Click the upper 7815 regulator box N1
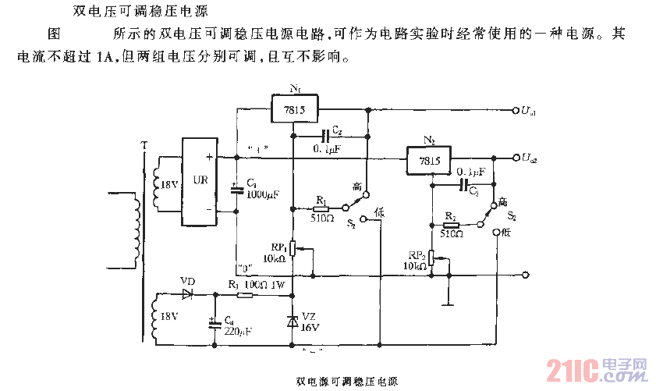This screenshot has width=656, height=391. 296,108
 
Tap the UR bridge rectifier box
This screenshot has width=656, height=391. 199,181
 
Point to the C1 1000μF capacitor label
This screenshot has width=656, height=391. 258,188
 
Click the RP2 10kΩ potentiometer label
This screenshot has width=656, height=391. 413,260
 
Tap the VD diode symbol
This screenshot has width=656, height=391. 187,294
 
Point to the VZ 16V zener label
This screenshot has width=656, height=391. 310,322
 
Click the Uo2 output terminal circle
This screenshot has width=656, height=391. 514,158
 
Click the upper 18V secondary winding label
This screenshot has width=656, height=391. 168,184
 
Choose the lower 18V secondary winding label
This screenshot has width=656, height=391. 168,318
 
